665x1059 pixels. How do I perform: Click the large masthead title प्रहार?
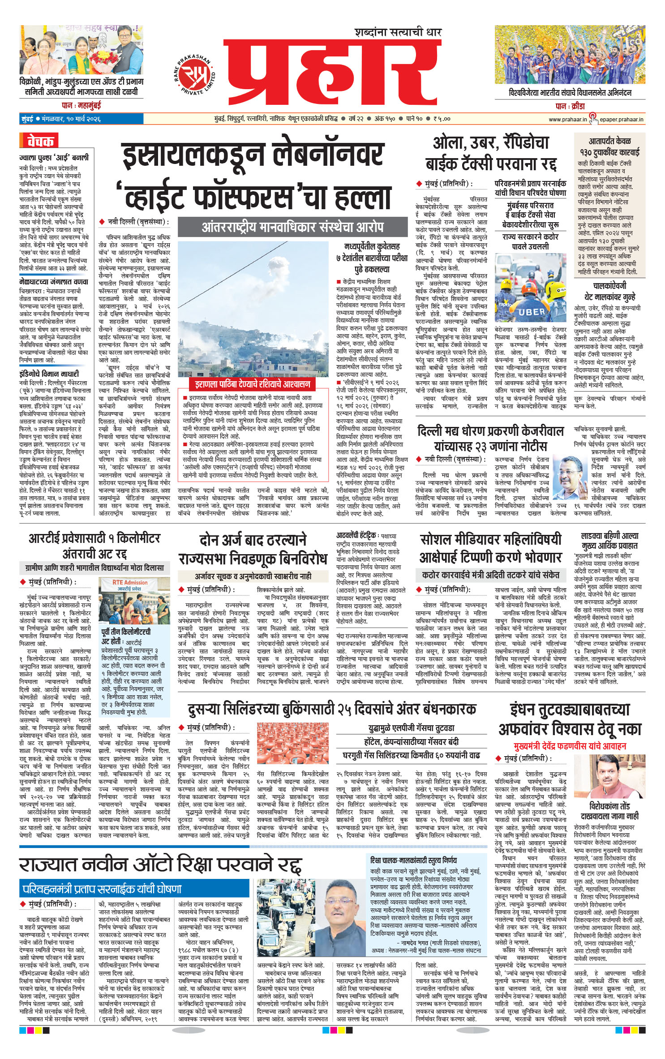pyautogui.click(x=331, y=72)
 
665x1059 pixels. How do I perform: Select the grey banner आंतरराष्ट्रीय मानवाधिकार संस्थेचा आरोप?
pyautogui.click(x=293, y=227)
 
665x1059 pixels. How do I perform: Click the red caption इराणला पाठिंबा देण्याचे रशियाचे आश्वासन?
pyautogui.click(x=252, y=384)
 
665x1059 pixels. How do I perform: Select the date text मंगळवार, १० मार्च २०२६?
pyautogui.click(x=71, y=120)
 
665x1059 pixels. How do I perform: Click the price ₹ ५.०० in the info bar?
pyautogui.click(x=442, y=119)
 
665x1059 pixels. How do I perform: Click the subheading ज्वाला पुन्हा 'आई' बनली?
pyautogui.click(x=54, y=157)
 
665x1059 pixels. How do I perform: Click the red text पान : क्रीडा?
pyautogui.click(x=570, y=106)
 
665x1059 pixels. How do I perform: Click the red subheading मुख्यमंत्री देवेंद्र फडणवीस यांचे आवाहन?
pyautogui.click(x=570, y=746)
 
